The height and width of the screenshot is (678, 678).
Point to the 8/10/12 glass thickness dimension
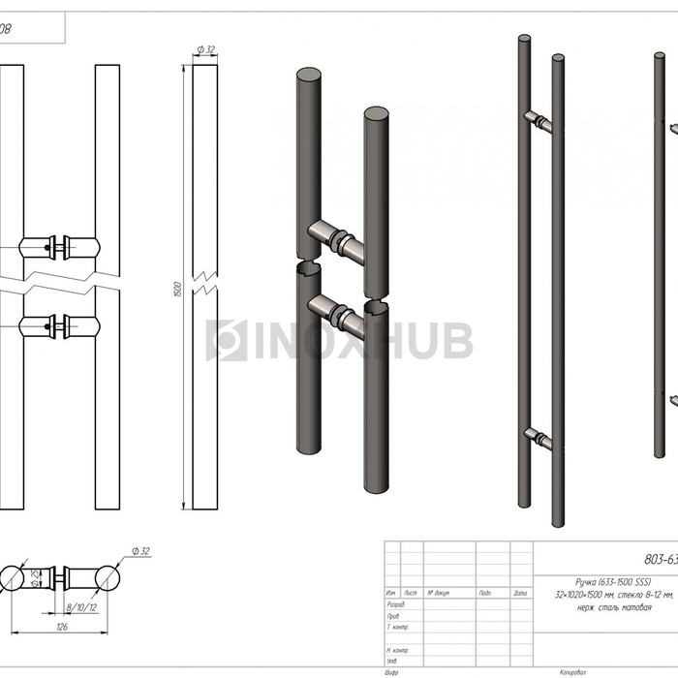tap(80, 607)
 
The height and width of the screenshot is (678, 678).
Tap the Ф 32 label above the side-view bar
tap(205, 49)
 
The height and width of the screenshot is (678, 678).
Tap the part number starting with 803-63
tap(661, 558)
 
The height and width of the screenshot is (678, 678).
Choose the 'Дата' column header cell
tap(520, 593)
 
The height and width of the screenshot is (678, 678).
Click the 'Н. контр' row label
tap(397, 650)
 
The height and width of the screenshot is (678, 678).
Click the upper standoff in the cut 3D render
tap(335, 236)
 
